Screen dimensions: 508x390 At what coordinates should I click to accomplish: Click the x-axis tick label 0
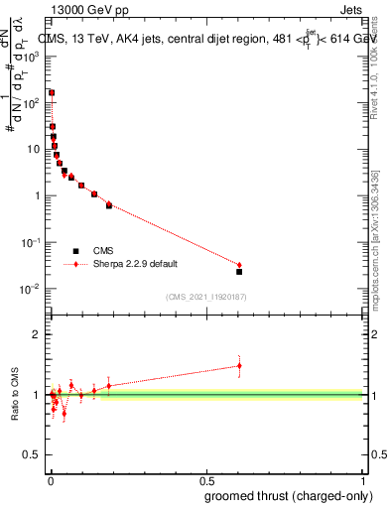click(51, 480)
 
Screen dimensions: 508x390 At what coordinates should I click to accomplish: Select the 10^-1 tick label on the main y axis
click(31, 242)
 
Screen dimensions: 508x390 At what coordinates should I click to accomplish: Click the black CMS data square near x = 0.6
click(239, 271)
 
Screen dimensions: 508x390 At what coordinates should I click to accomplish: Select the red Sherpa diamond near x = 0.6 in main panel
click(239, 265)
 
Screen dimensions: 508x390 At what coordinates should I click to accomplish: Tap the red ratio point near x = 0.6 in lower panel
click(239, 366)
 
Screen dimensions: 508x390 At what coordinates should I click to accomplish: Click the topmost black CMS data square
click(52, 92)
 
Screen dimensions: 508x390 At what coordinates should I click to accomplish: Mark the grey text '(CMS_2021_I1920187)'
click(204, 297)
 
